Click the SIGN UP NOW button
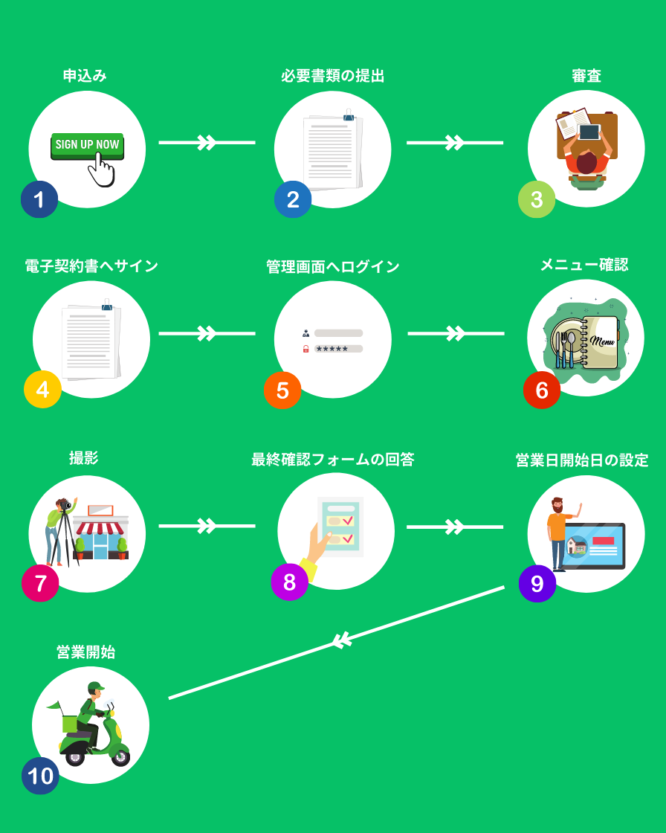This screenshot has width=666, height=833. point(87,145)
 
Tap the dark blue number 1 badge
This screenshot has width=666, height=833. point(39,199)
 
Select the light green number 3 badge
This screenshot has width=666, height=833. point(537,199)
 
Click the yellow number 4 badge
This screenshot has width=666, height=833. point(42,389)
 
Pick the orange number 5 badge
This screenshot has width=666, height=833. point(282,390)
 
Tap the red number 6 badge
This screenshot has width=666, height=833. point(542,390)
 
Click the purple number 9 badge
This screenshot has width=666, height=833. point(537,584)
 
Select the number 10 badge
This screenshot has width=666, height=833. point(40,776)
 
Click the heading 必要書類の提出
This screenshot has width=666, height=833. point(332,76)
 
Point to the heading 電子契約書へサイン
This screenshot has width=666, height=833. point(91,266)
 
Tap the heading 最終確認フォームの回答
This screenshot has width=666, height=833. point(332,460)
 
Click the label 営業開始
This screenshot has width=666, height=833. point(85,652)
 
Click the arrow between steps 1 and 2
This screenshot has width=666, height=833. point(207,142)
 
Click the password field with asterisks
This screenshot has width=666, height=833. point(338,348)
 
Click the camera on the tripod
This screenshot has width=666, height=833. point(66,505)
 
